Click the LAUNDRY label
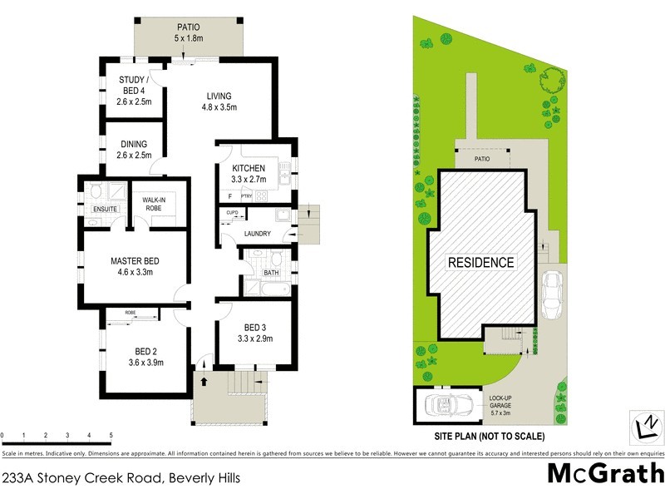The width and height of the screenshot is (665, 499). point(258,234)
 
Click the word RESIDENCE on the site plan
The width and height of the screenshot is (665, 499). point(480,262)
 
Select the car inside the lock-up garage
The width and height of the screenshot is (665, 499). point(449,405)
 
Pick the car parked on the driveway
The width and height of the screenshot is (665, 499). point(551,294)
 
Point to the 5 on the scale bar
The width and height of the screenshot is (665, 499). point(110,436)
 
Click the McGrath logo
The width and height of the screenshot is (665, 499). point(605,474)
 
